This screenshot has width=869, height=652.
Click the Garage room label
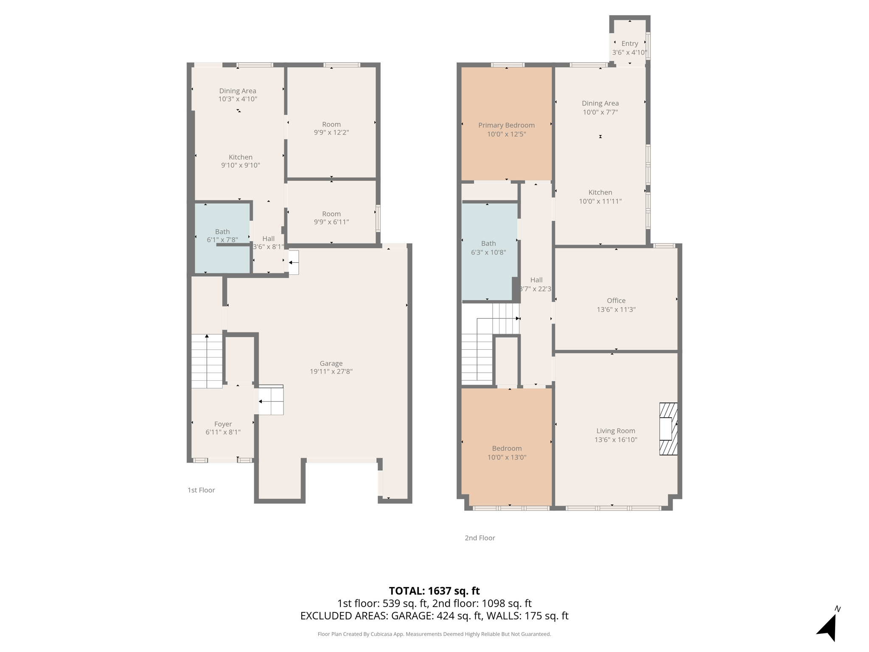[x=331, y=363]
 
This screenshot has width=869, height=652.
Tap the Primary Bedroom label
[x=506, y=125]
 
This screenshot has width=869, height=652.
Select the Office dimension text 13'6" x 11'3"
[x=616, y=309]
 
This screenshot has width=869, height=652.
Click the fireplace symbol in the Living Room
[x=668, y=429]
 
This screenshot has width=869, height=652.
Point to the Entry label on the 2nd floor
[x=630, y=44]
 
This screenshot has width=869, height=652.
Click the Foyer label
[x=223, y=424]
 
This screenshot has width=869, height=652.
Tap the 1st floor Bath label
[x=222, y=232]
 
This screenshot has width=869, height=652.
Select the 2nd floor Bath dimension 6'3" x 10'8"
[x=488, y=253]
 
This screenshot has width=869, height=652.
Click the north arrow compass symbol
[x=828, y=626]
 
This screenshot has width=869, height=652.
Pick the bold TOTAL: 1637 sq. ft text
[x=434, y=591]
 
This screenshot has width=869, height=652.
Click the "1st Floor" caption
[x=201, y=490]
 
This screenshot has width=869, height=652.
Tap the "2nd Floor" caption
[x=480, y=538]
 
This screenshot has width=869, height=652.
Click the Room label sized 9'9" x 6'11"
[x=331, y=214]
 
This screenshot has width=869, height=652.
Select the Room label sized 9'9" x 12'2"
[x=331, y=124]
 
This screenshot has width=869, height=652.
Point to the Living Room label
[x=616, y=431]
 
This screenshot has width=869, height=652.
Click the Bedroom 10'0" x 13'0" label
[x=507, y=449]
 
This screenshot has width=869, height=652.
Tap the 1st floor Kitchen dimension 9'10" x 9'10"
[x=241, y=166]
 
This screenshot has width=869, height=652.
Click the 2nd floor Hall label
[x=536, y=280]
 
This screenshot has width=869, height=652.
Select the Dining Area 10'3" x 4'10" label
[x=238, y=91]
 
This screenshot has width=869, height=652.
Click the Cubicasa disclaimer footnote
[x=434, y=634]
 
